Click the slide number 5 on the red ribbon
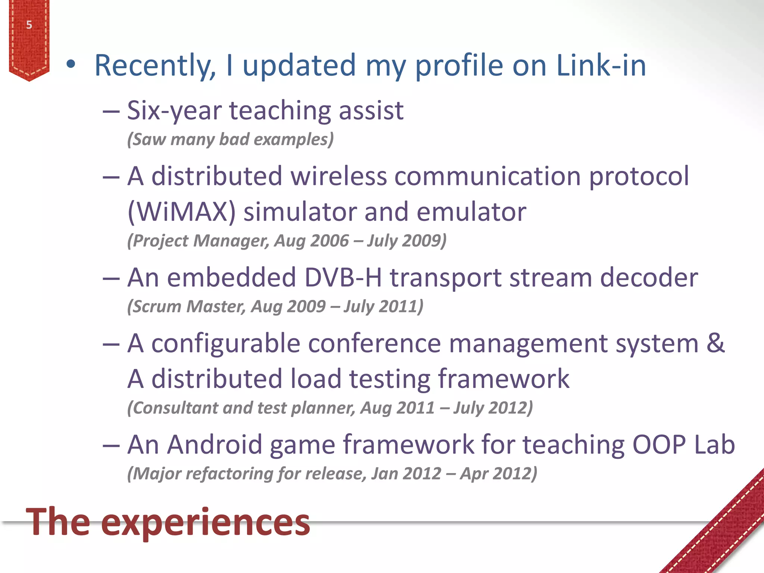29,25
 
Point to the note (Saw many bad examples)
230,140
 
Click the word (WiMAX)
182,212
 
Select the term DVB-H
343,278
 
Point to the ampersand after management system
716,343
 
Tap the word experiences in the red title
205,522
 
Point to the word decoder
649,278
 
